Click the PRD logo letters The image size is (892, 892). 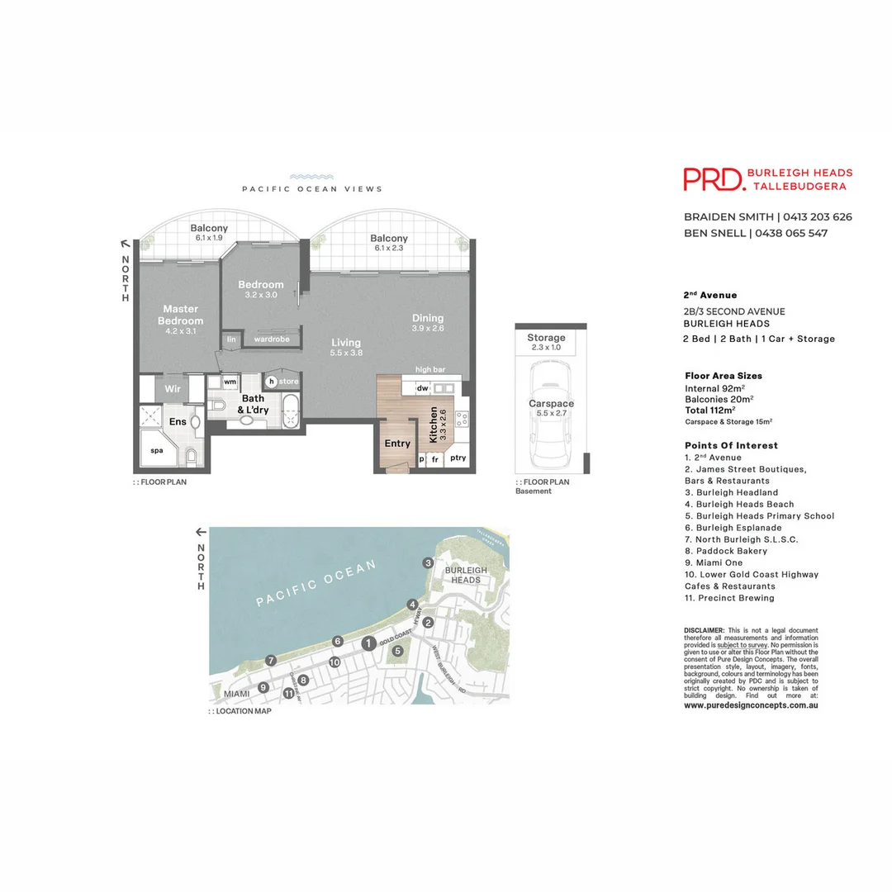pyautogui.click(x=713, y=179)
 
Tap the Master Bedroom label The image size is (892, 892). pyautogui.click(x=180, y=315)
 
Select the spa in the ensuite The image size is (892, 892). pyautogui.click(x=158, y=450)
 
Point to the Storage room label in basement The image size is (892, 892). pyautogui.click(x=546, y=338)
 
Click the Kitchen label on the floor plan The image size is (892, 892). pyautogui.click(x=433, y=425)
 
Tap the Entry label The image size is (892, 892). pyautogui.click(x=397, y=444)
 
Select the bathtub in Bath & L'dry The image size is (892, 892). pyautogui.click(x=292, y=410)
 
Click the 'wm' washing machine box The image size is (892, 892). pyautogui.click(x=230, y=382)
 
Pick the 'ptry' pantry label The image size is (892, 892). pyautogui.click(x=458, y=458)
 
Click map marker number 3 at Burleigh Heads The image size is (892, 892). pyautogui.click(x=428, y=563)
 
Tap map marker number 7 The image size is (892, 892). pyautogui.click(x=270, y=660)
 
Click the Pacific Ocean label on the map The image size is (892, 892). pyautogui.click(x=316, y=582)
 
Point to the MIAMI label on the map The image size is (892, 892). pyautogui.click(x=235, y=694)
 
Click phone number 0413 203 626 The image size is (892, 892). pyautogui.click(x=817, y=217)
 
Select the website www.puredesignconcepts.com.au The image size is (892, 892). pyautogui.click(x=751, y=705)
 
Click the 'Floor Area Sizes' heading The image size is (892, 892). pyautogui.click(x=724, y=376)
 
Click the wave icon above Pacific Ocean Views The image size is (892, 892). pyautogui.click(x=311, y=177)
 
